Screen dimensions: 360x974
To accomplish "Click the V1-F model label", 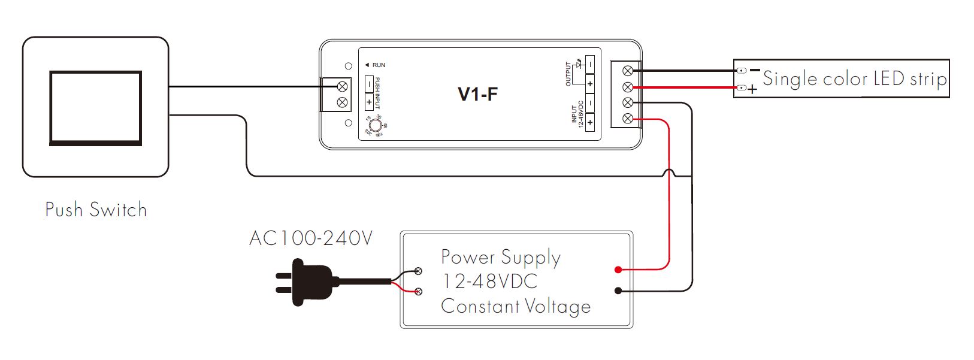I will pos(477,94).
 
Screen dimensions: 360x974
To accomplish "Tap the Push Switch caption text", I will pos(96,210).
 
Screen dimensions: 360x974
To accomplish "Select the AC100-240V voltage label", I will pos(311,238).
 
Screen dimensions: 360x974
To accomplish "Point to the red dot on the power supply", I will pos(618,270).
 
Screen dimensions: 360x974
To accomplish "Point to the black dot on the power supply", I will pos(618,291).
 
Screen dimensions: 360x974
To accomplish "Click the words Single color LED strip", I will pos(854,79).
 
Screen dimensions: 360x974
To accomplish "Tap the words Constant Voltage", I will pos(516,306).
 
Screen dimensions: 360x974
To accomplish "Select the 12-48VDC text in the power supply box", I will pos(489,282).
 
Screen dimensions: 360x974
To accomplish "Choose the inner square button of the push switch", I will pos(96,108).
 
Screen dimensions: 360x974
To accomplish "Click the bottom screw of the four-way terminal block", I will pos(628,119).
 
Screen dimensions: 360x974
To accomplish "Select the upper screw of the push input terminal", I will pos(343,87).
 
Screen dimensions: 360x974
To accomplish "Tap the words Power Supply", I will pos(501,257).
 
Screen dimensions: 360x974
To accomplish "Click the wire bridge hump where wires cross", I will pos(670,174).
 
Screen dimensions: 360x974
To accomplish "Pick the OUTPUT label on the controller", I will pos(568,74).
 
